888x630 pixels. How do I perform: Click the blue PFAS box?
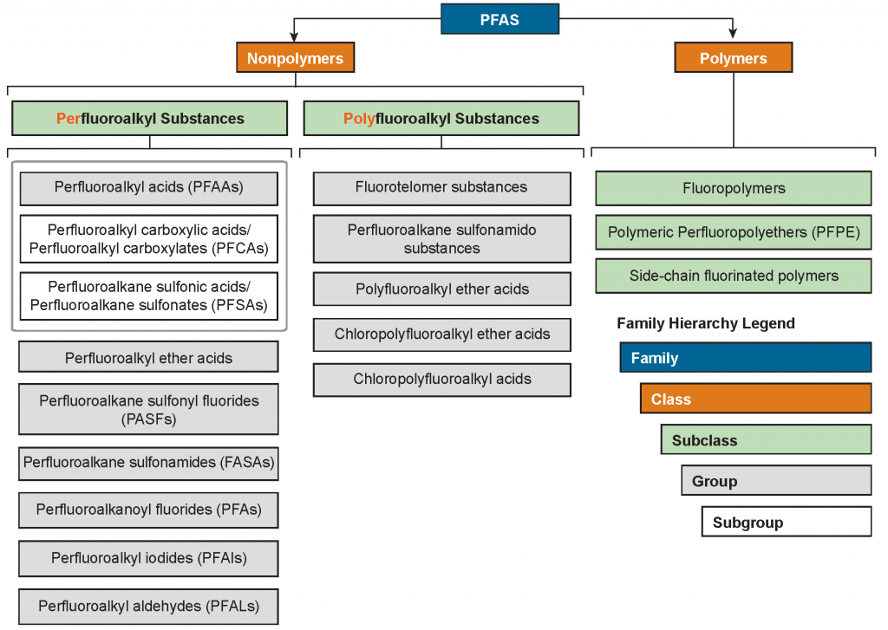tap(499, 18)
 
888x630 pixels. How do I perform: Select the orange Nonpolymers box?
tap(295, 58)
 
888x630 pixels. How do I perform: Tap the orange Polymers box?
tap(733, 58)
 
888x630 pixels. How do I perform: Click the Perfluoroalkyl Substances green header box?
tap(149, 119)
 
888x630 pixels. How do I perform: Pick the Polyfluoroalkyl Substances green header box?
tap(441, 119)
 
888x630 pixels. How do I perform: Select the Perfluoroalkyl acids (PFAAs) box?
tap(148, 187)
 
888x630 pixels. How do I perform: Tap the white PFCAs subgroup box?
tap(148, 239)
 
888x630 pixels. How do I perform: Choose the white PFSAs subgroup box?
tap(148, 296)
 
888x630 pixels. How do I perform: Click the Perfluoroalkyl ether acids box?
tap(148, 357)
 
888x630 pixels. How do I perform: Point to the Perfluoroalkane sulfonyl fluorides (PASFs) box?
tap(148, 409)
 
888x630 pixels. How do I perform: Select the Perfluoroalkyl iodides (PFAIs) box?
tap(148, 558)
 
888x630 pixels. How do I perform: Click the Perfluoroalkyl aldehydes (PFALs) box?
tap(148, 606)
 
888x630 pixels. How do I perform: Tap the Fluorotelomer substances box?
tap(441, 187)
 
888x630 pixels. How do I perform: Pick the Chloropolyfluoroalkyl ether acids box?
tap(441, 334)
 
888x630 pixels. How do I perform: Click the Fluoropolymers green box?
tap(733, 188)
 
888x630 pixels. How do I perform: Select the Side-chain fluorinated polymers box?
tap(733, 276)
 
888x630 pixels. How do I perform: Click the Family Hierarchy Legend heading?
tap(705, 323)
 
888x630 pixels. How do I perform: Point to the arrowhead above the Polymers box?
tap(733, 35)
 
